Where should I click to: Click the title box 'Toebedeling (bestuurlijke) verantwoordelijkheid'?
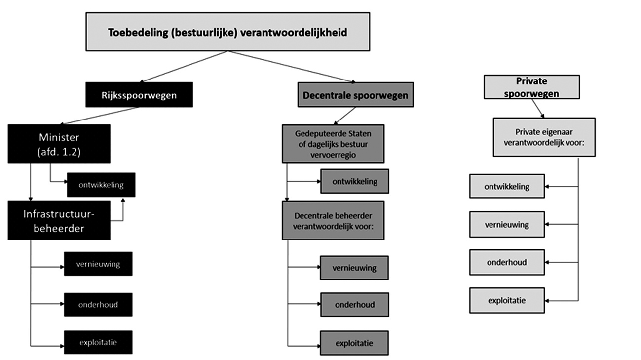(x=227, y=32)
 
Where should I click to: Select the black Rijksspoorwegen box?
(x=139, y=95)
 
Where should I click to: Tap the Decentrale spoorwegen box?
(x=355, y=95)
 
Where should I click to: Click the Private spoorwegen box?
(x=531, y=87)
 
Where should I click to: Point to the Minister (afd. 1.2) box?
(x=59, y=144)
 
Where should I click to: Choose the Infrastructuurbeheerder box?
(x=59, y=220)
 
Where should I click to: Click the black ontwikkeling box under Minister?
(x=101, y=185)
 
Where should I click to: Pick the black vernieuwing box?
(x=98, y=264)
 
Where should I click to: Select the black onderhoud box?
(x=98, y=304)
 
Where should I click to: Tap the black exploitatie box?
(x=98, y=342)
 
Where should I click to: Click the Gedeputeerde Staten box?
(x=333, y=144)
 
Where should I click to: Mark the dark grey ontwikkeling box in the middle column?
(x=354, y=181)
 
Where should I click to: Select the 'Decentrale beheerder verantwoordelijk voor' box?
(x=333, y=220)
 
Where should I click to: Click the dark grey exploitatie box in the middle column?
(x=354, y=343)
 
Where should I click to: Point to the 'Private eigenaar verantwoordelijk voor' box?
(x=543, y=137)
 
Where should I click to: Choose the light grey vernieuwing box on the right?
(x=507, y=224)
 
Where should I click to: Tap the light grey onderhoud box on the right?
(x=507, y=262)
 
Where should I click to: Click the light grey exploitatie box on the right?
(x=507, y=300)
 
